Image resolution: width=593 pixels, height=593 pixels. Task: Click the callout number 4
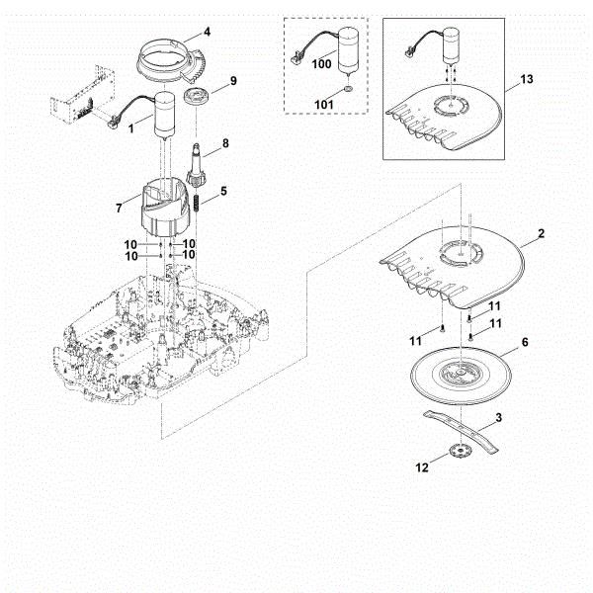coord(207,32)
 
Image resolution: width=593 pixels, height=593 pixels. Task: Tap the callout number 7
coord(121,210)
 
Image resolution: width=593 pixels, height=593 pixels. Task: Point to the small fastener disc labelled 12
coord(457,454)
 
